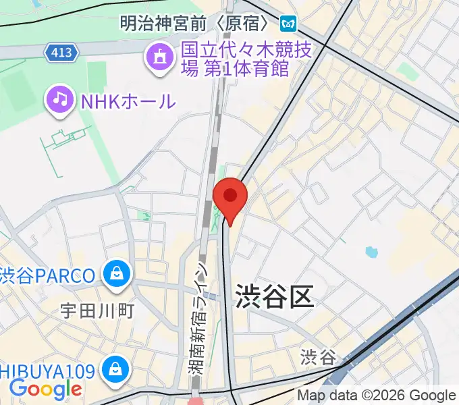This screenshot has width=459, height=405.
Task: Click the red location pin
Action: click(x=230, y=197)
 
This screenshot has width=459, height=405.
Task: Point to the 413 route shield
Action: click(x=63, y=51)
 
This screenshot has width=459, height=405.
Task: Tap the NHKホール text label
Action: click(x=128, y=101)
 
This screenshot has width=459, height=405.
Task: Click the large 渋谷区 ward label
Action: click(x=275, y=297)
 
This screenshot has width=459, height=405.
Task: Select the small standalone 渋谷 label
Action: click(x=318, y=356)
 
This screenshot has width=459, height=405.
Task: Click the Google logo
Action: click(x=45, y=389)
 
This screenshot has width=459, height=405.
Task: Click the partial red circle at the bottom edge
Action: click(x=195, y=401)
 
